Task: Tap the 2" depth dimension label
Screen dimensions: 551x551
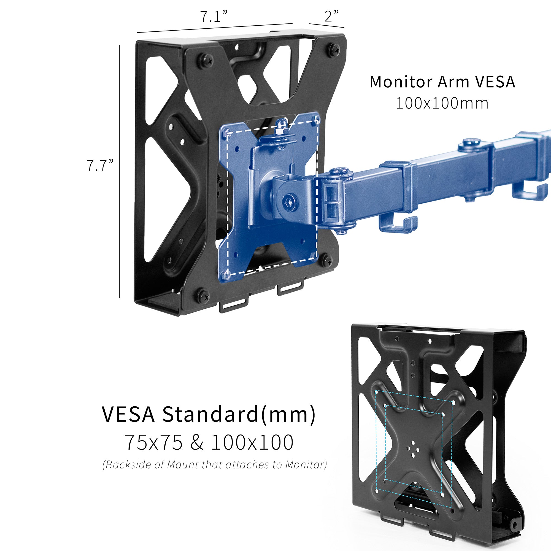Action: [x=331, y=16]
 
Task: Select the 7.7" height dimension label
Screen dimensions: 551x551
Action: [x=100, y=165]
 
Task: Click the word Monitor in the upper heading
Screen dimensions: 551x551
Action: [x=401, y=82]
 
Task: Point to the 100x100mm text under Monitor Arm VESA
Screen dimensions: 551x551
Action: [x=442, y=103]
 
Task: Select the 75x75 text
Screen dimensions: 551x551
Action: [x=154, y=443]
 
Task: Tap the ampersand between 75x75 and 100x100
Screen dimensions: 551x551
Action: [x=197, y=443]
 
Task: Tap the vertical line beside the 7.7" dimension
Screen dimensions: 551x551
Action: [x=120, y=171]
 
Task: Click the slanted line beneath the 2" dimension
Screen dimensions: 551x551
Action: [x=326, y=25]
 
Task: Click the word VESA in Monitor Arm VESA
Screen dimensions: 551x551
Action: [x=495, y=82]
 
